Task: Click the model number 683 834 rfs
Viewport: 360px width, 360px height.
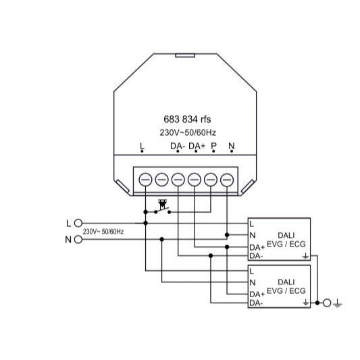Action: click(187, 119)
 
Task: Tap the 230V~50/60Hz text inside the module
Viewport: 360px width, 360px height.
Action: click(188, 132)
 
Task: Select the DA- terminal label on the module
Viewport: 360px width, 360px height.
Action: click(178, 146)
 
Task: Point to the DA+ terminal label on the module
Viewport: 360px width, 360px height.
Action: click(197, 146)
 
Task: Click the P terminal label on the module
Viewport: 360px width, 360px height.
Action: click(213, 146)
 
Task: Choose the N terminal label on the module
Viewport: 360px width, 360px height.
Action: click(232, 146)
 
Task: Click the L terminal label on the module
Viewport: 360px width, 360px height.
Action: click(142, 146)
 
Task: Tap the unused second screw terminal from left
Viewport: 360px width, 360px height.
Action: click(162, 179)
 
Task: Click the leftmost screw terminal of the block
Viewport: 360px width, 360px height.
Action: click(145, 179)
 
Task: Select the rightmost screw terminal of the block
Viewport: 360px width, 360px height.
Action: click(227, 179)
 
